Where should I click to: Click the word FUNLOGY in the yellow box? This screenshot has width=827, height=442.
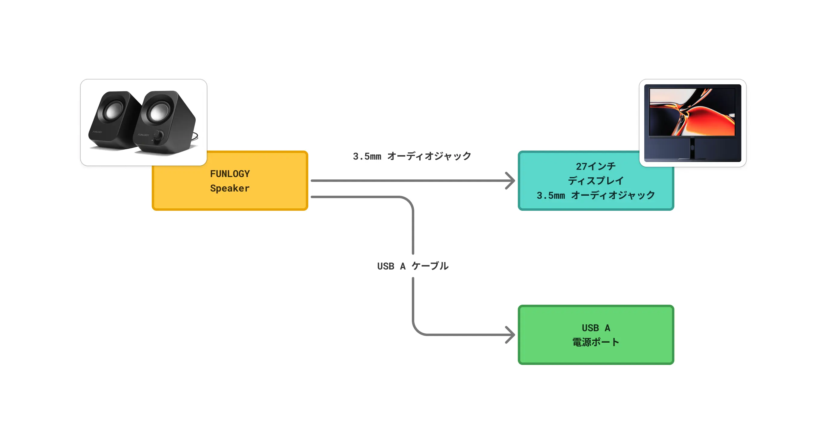[230, 174]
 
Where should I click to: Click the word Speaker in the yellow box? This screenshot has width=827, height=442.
[230, 188]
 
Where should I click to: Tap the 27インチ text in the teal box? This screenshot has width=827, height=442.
[595, 166]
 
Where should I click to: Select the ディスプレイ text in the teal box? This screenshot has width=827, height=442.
[595, 181]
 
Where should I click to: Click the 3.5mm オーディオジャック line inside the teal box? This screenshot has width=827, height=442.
[595, 195]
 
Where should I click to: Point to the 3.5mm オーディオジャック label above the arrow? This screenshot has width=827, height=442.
[412, 156]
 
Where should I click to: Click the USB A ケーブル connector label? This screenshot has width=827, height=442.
[412, 266]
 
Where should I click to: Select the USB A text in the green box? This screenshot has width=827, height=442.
[595, 328]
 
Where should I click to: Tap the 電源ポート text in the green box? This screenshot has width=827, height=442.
[595, 342]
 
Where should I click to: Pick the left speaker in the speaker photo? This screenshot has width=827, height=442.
[112, 120]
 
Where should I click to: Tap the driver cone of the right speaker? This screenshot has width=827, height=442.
[158, 112]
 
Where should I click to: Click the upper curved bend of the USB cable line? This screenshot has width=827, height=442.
[408, 202]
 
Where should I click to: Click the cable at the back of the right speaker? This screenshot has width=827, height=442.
[195, 137]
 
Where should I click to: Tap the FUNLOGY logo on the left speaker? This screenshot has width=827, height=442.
[97, 132]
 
